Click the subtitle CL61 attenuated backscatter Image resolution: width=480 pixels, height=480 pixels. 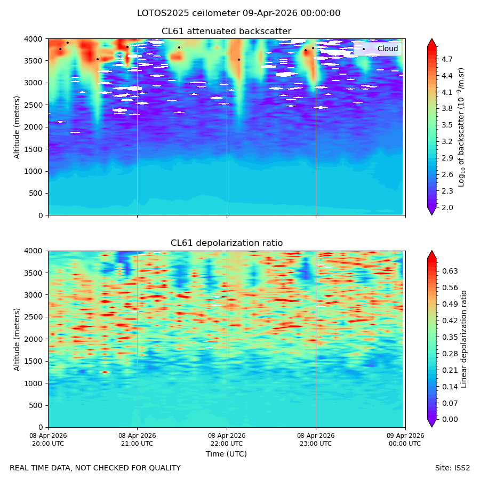226,31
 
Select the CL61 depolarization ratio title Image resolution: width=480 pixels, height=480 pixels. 227,243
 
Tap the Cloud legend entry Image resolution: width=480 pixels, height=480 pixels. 387,49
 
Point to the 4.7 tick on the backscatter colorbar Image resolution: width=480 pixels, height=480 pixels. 447,59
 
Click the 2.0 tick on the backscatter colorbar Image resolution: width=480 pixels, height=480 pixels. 447,207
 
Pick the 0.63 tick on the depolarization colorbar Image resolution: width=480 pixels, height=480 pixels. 450,271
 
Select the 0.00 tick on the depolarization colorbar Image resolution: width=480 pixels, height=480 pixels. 450,419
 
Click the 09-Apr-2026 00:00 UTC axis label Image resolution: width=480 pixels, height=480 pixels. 405,439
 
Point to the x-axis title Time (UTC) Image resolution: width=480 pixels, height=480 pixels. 226,454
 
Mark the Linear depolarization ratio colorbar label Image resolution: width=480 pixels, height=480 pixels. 463,339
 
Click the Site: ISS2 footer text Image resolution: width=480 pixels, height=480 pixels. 452,468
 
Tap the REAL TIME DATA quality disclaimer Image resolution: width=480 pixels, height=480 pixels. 95,468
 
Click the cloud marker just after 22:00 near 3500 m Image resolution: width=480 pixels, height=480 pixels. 239,60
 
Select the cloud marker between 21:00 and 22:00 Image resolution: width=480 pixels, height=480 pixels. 179,47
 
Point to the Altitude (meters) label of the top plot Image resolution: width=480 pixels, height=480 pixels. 17,127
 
